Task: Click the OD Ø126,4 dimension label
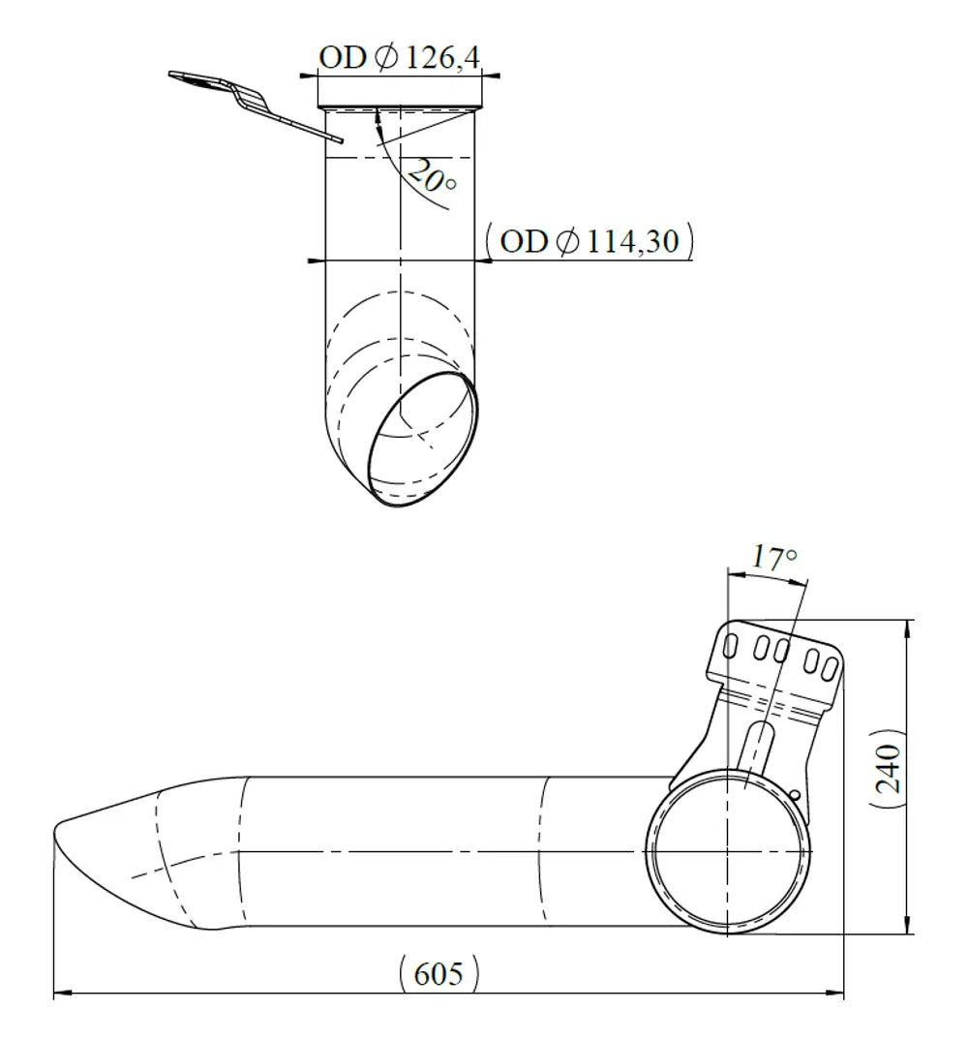(399, 58)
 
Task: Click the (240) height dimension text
(888, 769)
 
